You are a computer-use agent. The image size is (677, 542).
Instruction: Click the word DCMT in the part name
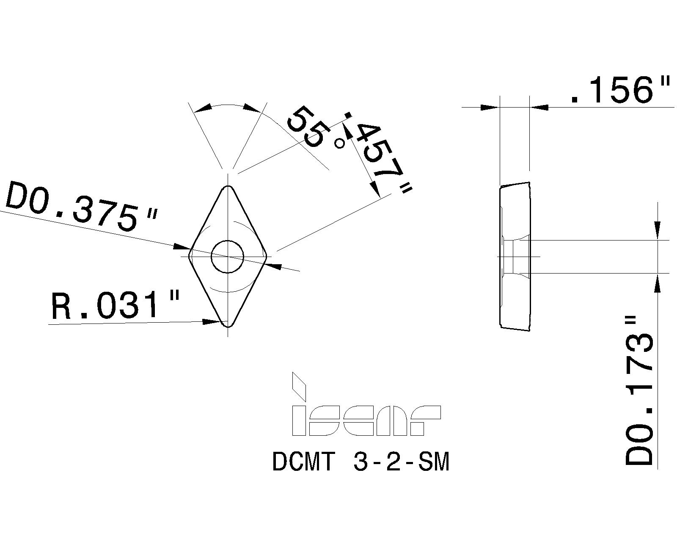(x=304, y=462)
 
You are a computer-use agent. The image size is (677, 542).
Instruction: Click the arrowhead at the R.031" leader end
(x=212, y=322)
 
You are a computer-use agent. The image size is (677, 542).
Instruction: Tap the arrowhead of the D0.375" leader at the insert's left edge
(x=182, y=246)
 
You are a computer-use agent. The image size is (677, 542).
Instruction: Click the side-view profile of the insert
(x=514, y=256)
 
